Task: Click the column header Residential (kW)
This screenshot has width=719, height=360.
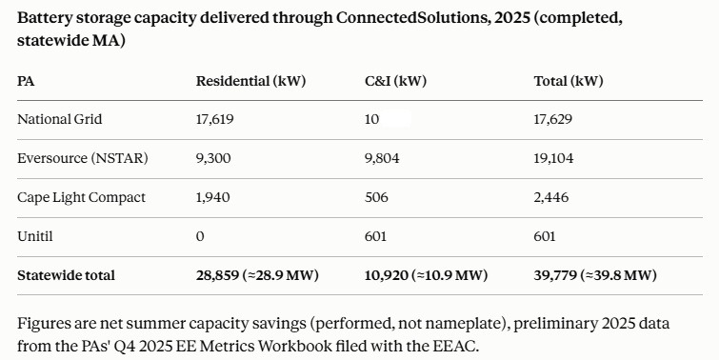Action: (x=250, y=81)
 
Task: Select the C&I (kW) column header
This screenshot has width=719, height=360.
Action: (x=396, y=81)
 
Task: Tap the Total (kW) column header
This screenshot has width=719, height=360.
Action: (x=569, y=81)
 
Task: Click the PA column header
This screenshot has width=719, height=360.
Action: (x=26, y=81)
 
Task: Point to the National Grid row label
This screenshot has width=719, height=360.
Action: (x=60, y=119)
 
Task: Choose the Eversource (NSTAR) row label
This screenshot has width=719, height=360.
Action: (x=83, y=158)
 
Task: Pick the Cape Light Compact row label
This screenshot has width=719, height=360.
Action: (x=81, y=197)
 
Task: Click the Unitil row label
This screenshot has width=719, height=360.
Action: (x=35, y=236)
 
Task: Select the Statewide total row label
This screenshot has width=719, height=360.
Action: (x=66, y=275)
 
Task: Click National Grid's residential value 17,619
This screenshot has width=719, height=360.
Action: (x=215, y=119)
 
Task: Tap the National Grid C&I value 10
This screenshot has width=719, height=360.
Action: (x=372, y=119)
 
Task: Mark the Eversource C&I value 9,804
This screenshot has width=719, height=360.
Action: (x=382, y=158)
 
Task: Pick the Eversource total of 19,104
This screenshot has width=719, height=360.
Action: (x=553, y=158)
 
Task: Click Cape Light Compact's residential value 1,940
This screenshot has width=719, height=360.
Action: (x=213, y=197)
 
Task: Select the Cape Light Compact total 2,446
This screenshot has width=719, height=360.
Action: (x=551, y=197)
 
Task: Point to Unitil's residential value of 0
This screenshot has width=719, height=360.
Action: (x=200, y=236)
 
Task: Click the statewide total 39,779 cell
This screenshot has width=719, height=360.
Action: (x=595, y=275)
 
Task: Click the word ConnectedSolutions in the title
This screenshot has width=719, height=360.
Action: (x=412, y=18)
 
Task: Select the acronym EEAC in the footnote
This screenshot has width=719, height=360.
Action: (x=454, y=346)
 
